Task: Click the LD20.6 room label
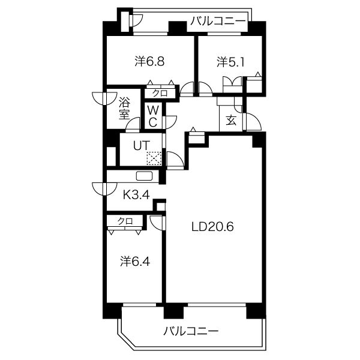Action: tap(212, 227)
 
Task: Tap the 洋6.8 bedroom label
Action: tap(149, 62)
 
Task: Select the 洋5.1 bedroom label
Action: tap(232, 62)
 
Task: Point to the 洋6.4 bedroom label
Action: tap(135, 261)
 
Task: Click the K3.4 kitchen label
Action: tap(137, 195)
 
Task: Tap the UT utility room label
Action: tap(142, 145)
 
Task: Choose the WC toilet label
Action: tap(152, 116)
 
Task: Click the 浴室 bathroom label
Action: tap(125, 109)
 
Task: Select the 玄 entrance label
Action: tap(231, 120)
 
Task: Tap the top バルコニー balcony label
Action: tap(218, 21)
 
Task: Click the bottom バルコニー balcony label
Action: tap(191, 331)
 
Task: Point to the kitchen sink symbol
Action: tap(145, 176)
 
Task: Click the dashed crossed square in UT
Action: tap(154, 158)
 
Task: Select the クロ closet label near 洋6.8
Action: tap(160, 94)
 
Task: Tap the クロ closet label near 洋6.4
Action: tap(125, 221)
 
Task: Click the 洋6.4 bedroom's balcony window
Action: tap(140, 305)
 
